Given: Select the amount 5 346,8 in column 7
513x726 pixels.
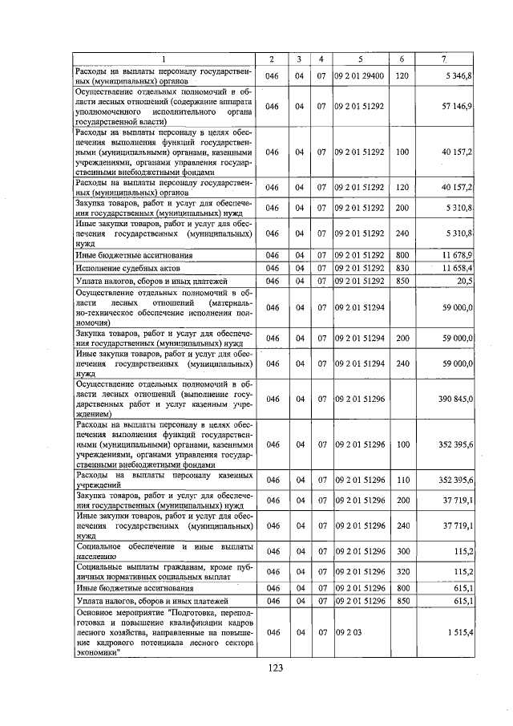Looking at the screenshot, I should tap(459, 75).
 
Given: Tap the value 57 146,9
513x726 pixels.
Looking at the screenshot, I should tap(458, 106).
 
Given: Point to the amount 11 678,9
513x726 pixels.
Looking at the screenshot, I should tap(458, 253).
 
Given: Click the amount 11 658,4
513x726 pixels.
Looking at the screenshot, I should tap(458, 267).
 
